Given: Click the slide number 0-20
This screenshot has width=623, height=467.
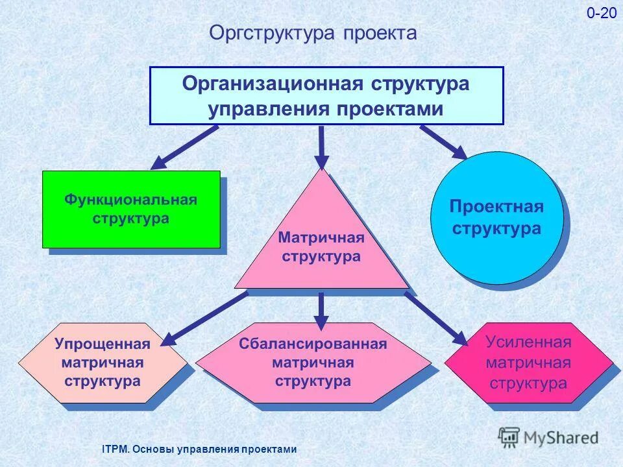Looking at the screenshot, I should (x=602, y=14).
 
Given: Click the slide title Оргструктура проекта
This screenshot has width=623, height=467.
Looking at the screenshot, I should (x=313, y=33).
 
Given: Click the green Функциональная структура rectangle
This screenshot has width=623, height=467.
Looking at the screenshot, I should (x=131, y=209).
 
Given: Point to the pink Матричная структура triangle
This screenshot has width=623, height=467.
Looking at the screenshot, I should (x=321, y=246).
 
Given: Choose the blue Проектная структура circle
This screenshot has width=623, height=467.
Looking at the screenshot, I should (x=496, y=218).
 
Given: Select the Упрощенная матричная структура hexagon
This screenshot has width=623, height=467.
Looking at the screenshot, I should (x=102, y=363).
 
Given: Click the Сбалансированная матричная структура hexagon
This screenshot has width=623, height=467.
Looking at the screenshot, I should (x=313, y=363).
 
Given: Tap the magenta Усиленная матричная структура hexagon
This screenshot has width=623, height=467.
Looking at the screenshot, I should (x=528, y=363).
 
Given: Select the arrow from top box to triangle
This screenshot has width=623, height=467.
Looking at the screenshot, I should (x=321, y=147).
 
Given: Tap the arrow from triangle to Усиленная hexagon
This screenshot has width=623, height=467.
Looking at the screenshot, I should (x=435, y=318).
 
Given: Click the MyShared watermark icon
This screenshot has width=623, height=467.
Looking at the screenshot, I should (x=509, y=437).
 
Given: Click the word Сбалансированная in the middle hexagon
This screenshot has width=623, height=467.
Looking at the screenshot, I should (x=313, y=344).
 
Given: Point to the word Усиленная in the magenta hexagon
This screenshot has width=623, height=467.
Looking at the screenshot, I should (x=528, y=342).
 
